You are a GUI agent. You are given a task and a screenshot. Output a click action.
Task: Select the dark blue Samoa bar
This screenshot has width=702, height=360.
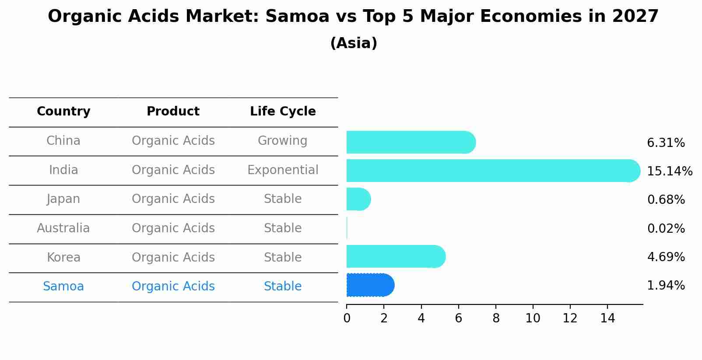(x=370, y=285)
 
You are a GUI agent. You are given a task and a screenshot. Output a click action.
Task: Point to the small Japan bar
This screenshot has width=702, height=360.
(x=358, y=199)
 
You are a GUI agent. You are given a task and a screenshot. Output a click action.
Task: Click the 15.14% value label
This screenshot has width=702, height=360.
(x=669, y=171)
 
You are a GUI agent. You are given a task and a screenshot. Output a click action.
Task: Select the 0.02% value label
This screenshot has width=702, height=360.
(x=666, y=228)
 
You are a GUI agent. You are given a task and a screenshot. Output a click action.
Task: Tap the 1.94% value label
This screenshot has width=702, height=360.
(x=666, y=286)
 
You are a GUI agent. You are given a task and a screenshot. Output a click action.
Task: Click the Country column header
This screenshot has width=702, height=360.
(x=63, y=112)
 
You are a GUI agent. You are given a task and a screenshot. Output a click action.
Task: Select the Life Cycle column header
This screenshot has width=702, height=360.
(x=283, y=112)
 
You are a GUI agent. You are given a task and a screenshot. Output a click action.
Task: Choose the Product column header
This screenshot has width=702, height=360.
(x=173, y=112)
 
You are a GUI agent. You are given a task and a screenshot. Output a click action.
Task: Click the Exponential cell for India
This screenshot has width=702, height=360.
(x=283, y=170)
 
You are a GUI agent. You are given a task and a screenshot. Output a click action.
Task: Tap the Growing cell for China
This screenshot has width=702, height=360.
(x=282, y=141)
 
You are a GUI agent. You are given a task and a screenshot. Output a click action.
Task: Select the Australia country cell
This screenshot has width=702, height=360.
(x=63, y=228)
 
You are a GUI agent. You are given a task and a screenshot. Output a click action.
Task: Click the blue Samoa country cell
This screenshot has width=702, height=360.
(x=63, y=287)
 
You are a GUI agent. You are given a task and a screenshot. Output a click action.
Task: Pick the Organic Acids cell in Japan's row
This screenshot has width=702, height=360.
(x=173, y=199)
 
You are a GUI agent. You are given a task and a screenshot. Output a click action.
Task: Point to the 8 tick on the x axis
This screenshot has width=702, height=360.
(x=496, y=318)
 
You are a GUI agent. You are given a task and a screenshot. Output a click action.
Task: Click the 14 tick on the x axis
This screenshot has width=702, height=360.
(x=607, y=318)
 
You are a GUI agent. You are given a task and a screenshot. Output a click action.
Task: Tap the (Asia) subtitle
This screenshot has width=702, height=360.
(x=354, y=43)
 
